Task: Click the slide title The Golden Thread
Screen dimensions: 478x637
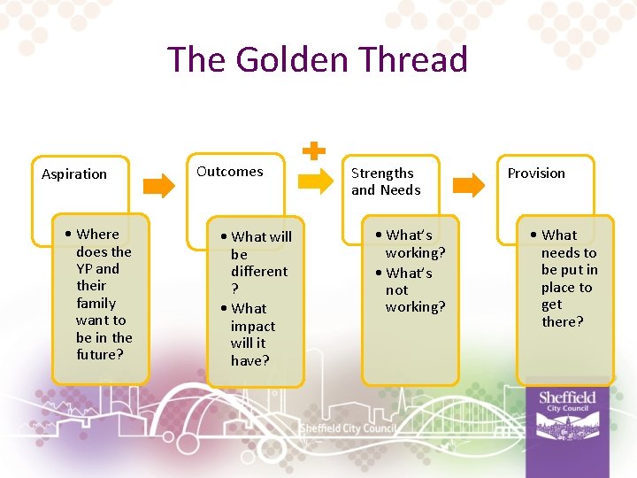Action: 318,59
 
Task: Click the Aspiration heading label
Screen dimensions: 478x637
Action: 74,173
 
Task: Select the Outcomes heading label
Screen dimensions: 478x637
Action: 230,172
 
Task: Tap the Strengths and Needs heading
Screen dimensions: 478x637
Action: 386,181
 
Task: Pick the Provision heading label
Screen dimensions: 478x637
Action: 536,173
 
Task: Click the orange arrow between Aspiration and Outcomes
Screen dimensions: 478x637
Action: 159,184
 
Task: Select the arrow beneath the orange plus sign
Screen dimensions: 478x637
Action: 314,181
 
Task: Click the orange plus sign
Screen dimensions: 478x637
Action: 312,150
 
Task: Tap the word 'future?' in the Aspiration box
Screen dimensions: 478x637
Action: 100,354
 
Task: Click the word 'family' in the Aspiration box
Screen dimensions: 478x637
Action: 96,303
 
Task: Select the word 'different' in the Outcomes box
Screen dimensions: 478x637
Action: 259,271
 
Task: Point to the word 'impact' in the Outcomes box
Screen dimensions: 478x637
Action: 253,326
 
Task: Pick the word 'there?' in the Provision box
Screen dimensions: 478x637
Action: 563,321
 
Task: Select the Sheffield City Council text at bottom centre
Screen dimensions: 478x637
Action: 348,428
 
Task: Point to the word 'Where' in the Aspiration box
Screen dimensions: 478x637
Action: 97,234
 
